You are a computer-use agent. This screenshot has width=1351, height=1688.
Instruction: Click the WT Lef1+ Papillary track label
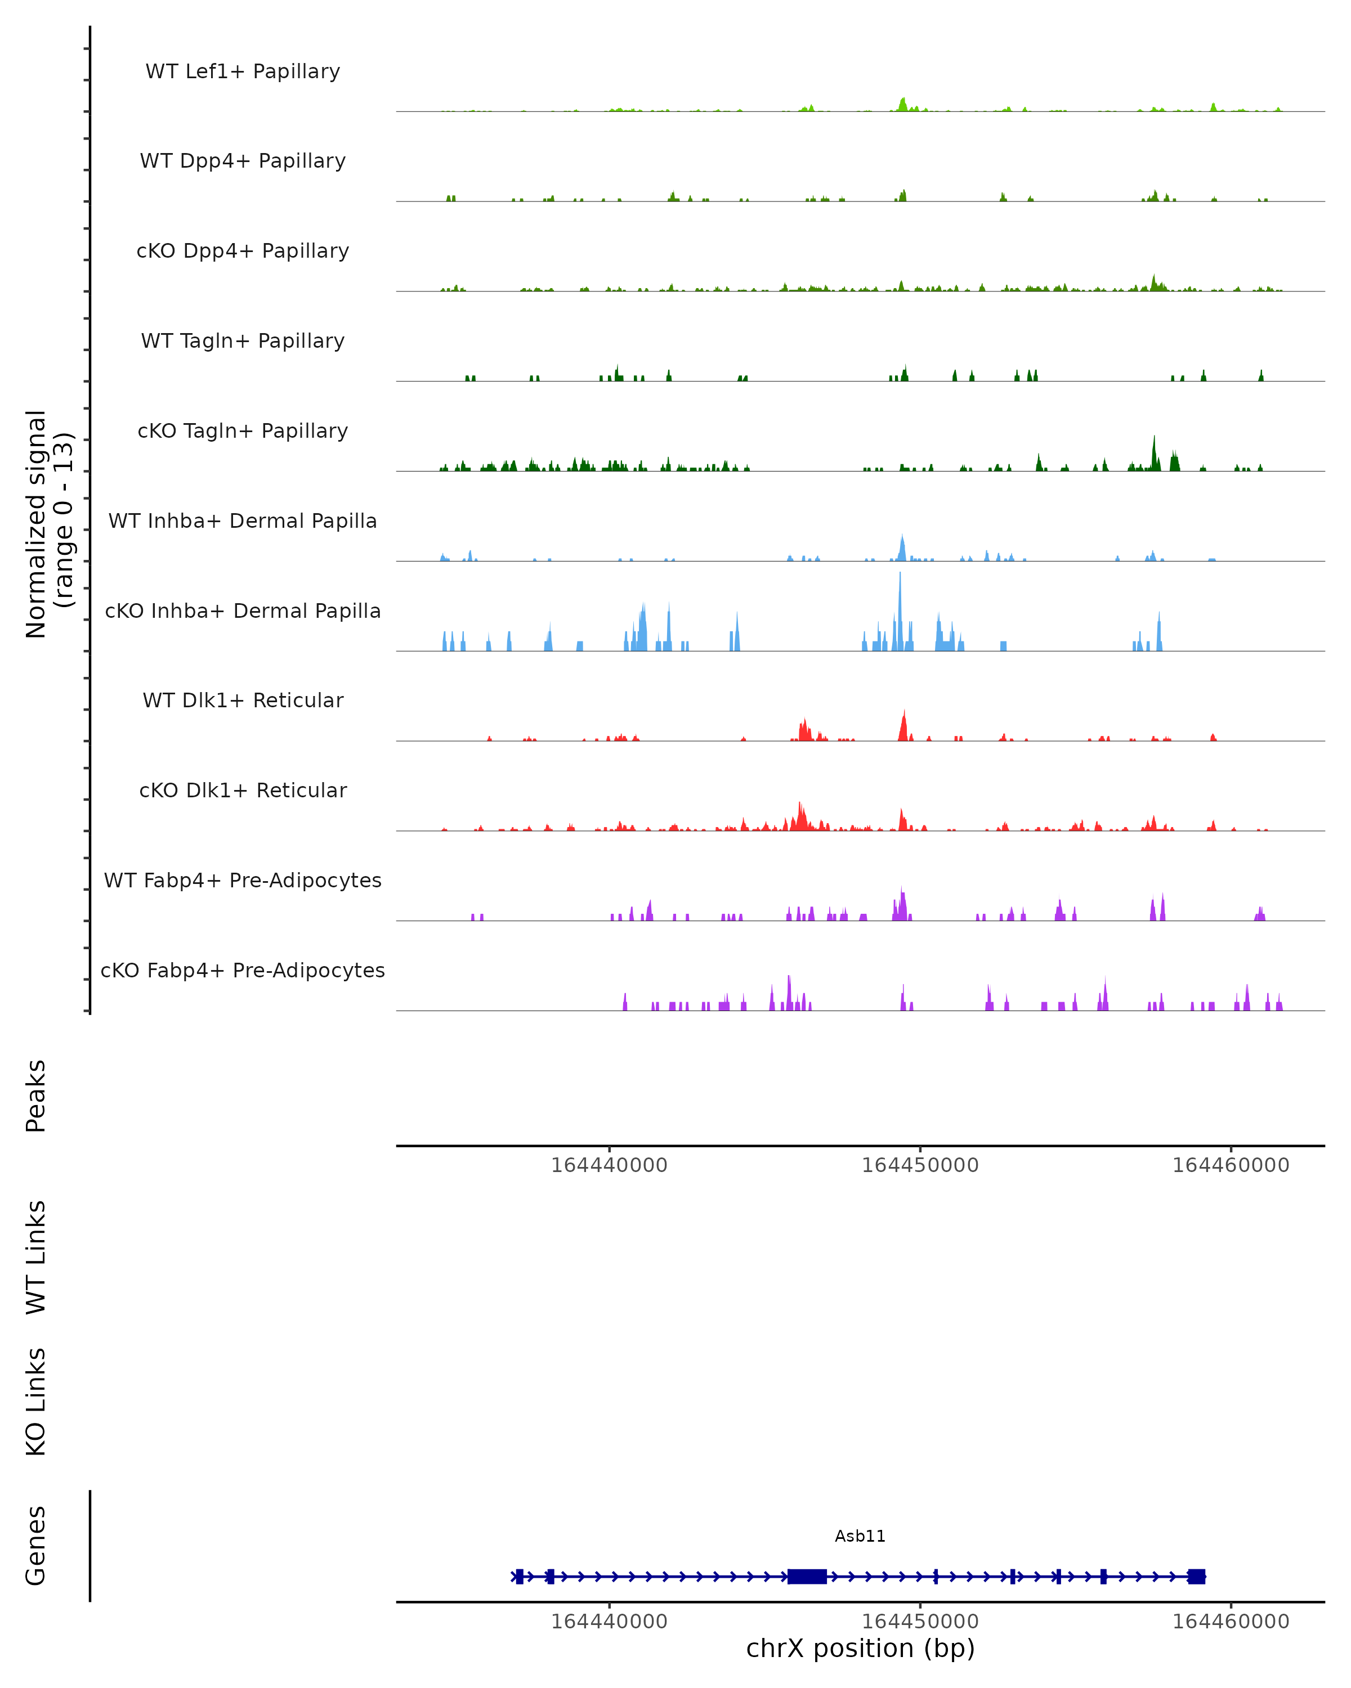(x=243, y=71)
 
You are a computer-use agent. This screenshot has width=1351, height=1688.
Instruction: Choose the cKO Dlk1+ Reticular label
(x=243, y=790)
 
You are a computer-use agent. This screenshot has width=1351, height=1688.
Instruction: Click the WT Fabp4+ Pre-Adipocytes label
(x=243, y=880)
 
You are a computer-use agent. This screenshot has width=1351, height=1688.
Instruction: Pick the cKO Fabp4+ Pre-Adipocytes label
(x=243, y=970)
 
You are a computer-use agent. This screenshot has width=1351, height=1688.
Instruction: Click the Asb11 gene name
(x=860, y=1536)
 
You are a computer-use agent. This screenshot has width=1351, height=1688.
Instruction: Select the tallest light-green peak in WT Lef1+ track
(x=903, y=104)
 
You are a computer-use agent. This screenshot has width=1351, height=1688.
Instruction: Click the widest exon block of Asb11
(x=807, y=1577)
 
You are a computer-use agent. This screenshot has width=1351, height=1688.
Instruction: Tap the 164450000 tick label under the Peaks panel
(x=920, y=1165)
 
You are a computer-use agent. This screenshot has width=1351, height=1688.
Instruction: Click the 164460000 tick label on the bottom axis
(x=1231, y=1622)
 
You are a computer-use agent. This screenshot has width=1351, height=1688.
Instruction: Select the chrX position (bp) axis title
(x=860, y=1648)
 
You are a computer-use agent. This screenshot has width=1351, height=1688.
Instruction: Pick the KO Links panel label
(x=36, y=1402)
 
